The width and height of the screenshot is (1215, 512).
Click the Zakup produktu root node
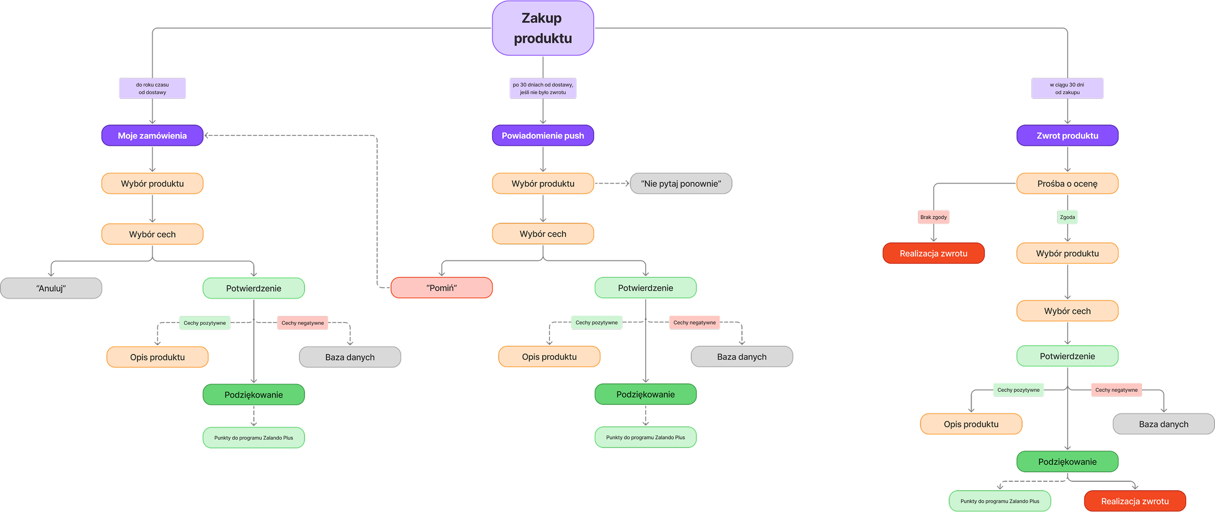[543, 28]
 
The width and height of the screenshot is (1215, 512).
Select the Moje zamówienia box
[152, 135]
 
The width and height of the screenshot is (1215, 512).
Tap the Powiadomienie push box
[543, 135]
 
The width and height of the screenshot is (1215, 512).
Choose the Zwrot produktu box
[1067, 135]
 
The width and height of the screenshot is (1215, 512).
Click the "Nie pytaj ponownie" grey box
[681, 184]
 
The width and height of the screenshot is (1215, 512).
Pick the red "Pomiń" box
[441, 288]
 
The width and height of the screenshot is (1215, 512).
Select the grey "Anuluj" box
[51, 288]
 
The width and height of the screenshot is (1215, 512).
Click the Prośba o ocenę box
[1067, 184]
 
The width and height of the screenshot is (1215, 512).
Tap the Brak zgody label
[933, 217]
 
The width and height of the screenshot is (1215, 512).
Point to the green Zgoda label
[1067, 217]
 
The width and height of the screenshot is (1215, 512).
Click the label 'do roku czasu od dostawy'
[152, 88]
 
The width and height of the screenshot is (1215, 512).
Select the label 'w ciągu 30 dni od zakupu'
[1067, 88]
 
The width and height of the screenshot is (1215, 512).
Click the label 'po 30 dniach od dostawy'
[543, 88]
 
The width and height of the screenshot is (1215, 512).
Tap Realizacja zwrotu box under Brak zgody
[933, 254]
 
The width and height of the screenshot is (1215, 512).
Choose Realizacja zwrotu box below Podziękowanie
[1135, 501]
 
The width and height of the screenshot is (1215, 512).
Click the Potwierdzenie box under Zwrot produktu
[1067, 356]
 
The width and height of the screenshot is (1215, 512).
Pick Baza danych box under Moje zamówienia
[350, 357]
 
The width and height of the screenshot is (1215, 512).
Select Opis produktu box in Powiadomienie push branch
[549, 357]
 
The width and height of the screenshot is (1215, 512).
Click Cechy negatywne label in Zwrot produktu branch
[1116, 390]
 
